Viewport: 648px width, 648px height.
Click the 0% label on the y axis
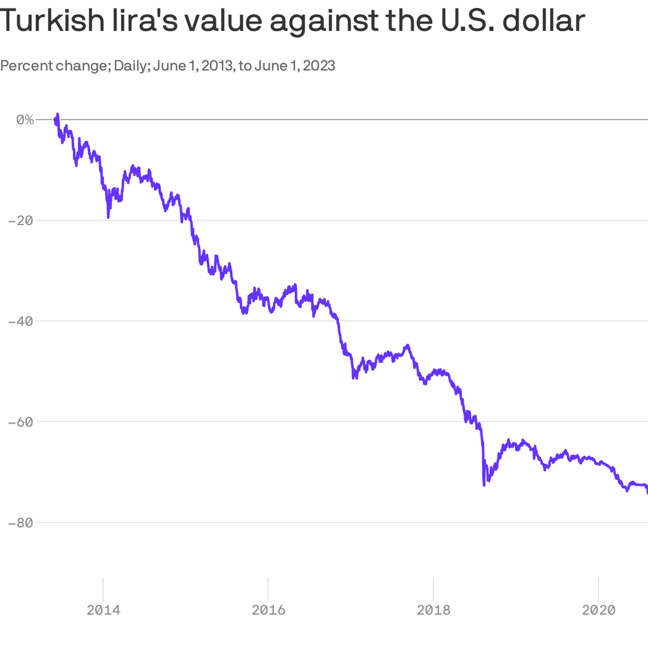coord(25,120)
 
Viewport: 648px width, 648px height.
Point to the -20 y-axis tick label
coord(20,221)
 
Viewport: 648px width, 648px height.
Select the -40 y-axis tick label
coord(20,321)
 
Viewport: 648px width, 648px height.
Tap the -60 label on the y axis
coord(20,422)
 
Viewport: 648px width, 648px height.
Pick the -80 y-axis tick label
coord(20,523)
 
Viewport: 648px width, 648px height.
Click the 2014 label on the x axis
coord(103,610)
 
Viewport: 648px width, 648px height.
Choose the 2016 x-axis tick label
coord(268,610)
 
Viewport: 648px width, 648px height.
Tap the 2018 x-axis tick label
coord(433,610)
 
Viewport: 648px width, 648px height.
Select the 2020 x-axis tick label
coord(598,610)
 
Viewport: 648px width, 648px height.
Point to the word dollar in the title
coord(543,21)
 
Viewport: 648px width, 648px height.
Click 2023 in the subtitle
coord(319,66)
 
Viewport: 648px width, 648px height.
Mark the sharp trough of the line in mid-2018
coord(484,485)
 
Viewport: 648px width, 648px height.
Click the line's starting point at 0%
coord(55,119)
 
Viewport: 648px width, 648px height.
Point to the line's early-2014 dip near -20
coord(108,217)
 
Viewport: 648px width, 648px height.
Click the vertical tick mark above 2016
coord(268,589)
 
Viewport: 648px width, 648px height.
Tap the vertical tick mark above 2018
coord(433,589)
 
